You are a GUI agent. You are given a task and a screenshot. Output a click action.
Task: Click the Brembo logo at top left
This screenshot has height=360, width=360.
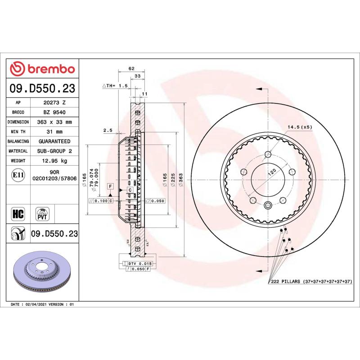click(x=42, y=69)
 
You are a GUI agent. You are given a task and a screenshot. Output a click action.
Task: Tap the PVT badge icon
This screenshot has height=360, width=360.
click(x=42, y=213)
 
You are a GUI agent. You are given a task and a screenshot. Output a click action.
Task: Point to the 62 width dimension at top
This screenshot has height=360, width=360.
click(x=131, y=68)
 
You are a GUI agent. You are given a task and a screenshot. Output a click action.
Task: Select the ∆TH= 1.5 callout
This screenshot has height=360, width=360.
click(x=116, y=85)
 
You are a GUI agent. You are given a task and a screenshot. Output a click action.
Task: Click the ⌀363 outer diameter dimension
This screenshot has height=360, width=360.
click(x=181, y=179)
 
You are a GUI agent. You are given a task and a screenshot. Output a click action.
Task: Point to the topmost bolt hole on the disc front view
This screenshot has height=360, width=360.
click(x=268, y=153)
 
